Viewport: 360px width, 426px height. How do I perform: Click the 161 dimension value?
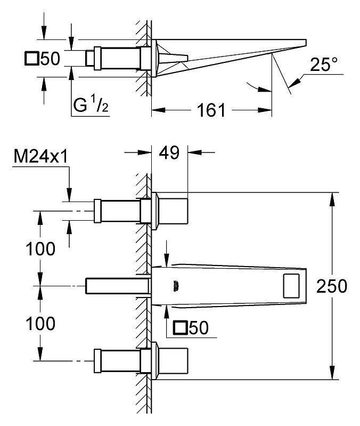pyautogui.click(x=211, y=110)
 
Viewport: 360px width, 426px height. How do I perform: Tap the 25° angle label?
pyautogui.click(x=324, y=65)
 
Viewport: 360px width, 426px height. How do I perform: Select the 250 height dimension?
pyautogui.click(x=332, y=286)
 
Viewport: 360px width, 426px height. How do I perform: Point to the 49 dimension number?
pyautogui.click(x=169, y=152)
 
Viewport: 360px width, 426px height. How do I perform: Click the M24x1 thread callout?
pyautogui.click(x=40, y=157)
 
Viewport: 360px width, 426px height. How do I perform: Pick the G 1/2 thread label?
pyautogui.click(x=91, y=105)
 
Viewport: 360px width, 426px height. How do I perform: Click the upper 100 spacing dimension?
pyautogui.click(x=40, y=248)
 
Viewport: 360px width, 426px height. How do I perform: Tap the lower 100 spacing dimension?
pyautogui.click(x=40, y=323)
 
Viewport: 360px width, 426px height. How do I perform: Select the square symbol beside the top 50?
pyautogui.click(x=31, y=59)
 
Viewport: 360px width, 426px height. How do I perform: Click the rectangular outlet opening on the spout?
pyautogui.click(x=291, y=286)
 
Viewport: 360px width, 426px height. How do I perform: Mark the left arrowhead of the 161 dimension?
pyautogui.click(x=158, y=110)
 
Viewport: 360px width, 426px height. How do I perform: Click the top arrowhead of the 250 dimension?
pyautogui.click(x=332, y=199)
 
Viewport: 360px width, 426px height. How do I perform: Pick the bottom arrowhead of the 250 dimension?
pyautogui.click(x=332, y=373)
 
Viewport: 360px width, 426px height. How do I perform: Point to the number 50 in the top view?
pyautogui.click(x=50, y=59)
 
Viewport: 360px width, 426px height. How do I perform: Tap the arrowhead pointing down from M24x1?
pyautogui.click(x=69, y=195)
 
